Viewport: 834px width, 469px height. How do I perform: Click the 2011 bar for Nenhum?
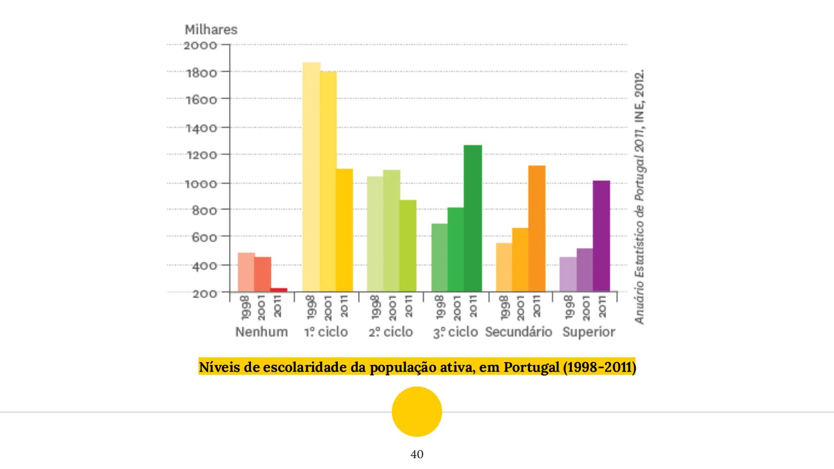click(x=279, y=290)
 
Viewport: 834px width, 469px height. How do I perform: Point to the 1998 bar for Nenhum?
click(x=246, y=272)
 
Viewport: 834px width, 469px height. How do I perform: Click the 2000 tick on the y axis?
click(x=200, y=45)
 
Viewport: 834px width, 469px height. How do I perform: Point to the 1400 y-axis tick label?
click(x=202, y=128)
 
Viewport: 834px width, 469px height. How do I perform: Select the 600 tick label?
click(x=204, y=238)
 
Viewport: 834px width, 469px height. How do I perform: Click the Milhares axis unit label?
click(x=211, y=30)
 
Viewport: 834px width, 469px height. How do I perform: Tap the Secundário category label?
click(x=518, y=332)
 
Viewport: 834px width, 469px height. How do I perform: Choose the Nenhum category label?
click(x=261, y=332)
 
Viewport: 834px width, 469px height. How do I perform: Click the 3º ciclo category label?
click(x=455, y=332)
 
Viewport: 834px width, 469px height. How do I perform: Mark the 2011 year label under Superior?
click(x=602, y=306)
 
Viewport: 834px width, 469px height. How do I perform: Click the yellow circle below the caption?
click(x=417, y=411)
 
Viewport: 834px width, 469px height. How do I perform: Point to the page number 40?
click(x=417, y=454)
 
